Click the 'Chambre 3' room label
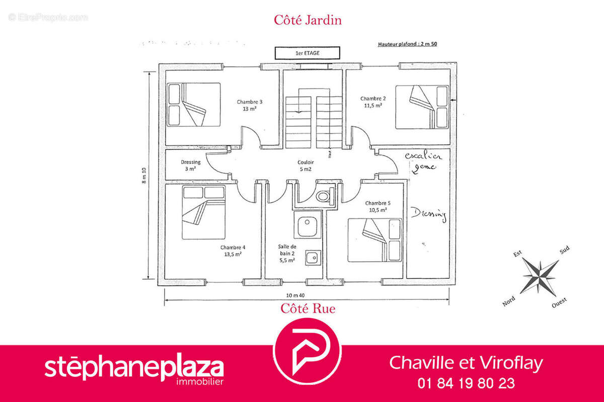click(250, 102)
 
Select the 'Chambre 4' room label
click(233, 248)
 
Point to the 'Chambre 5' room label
click(377, 203)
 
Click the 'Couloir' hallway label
click(306, 163)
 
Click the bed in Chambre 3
click(194, 104)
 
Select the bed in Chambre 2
click(421, 107)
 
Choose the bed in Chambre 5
click(375, 239)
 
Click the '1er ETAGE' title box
click(307, 52)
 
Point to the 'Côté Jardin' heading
click(308, 20)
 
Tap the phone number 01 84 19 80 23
click(466, 383)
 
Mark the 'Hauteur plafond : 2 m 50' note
click(407, 44)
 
